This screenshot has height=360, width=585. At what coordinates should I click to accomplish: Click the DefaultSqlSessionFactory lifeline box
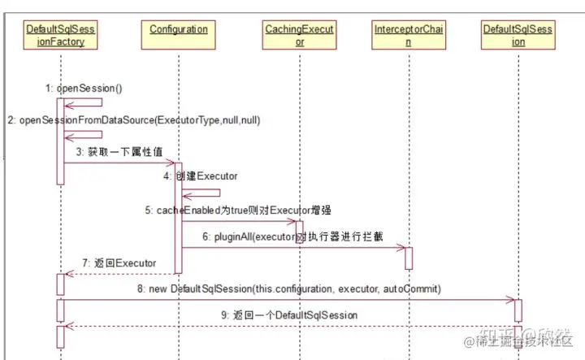point(60,35)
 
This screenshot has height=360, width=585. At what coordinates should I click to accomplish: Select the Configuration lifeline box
point(179,30)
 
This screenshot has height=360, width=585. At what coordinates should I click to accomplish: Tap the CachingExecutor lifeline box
point(299,35)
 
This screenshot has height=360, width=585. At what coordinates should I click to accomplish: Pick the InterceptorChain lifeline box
point(408,35)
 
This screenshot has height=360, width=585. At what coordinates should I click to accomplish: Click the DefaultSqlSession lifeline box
point(518,35)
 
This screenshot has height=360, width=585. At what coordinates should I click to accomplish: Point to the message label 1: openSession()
point(89,87)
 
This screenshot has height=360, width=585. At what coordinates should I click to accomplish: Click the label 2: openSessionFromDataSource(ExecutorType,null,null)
point(133,119)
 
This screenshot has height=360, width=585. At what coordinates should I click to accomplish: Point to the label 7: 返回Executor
point(119,263)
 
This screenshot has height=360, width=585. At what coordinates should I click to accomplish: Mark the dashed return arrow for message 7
point(122,273)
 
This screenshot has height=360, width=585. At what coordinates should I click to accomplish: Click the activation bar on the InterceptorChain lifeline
point(408,258)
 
